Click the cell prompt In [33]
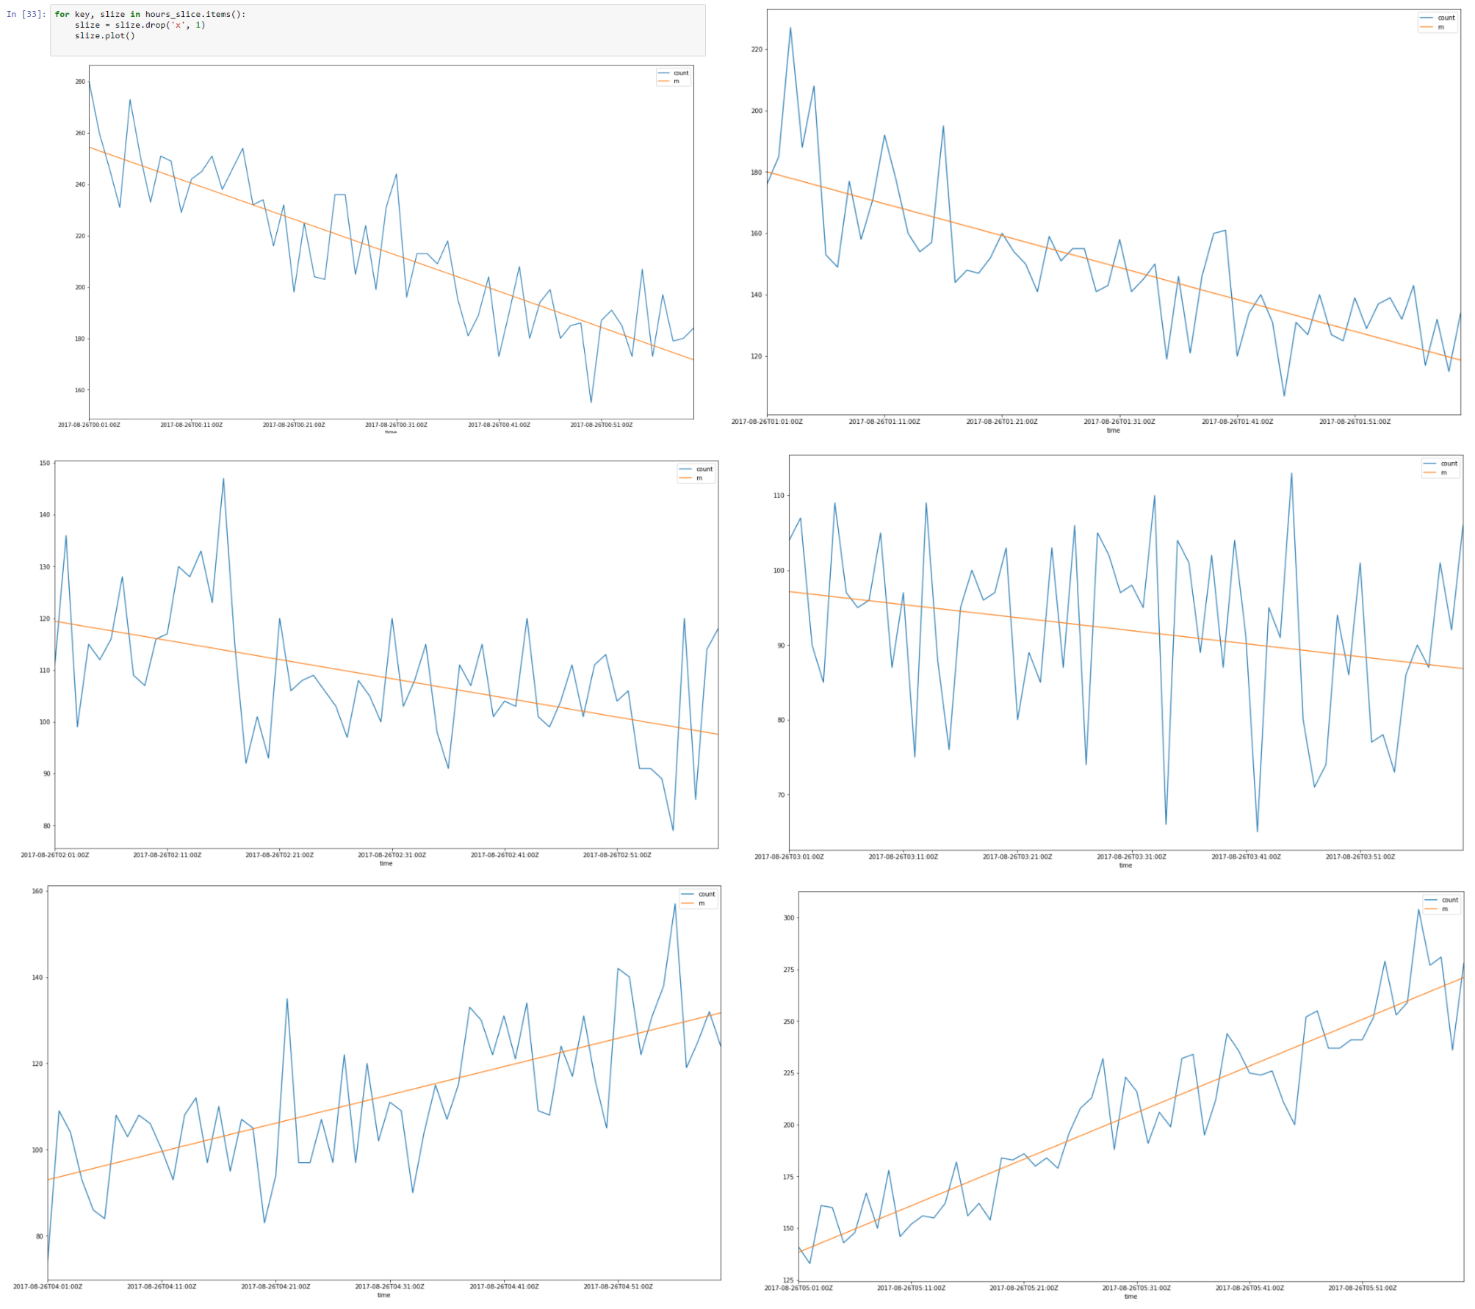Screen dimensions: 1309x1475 pos(26,15)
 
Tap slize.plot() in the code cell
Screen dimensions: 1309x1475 pos(104,36)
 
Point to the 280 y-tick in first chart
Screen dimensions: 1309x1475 pos(80,82)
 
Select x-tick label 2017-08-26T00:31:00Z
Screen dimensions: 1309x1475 pos(396,425)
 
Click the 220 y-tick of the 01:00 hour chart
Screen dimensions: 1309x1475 pos(757,50)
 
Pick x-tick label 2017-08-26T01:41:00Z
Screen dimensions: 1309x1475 pos(1237,422)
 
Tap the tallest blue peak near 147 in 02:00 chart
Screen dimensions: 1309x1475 pos(223,479)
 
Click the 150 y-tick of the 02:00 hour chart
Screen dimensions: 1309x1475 pos(45,464)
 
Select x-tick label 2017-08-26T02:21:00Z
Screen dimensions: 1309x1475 pos(279,855)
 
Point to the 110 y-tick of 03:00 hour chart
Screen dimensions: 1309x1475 pos(779,496)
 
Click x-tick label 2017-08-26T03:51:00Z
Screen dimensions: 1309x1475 pos(1360,857)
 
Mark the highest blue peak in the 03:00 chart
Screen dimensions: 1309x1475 pos(1291,473)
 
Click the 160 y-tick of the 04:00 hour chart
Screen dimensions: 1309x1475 pos(37,891)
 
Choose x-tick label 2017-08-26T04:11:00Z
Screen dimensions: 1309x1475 pos(162,1286)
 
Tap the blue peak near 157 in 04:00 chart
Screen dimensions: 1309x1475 pos(674,904)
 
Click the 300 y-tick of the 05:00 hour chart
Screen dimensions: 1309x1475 pos(788,918)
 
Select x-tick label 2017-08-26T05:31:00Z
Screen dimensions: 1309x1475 pos(1136,1288)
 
